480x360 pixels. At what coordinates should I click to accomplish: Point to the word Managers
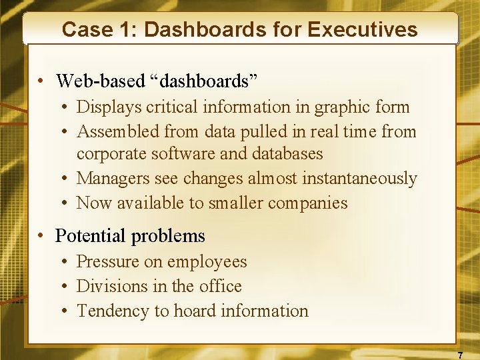(x=113, y=179)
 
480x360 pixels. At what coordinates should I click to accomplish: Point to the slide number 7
(x=460, y=355)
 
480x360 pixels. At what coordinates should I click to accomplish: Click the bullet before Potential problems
(x=42, y=236)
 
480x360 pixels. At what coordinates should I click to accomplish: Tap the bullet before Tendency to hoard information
(x=67, y=311)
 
